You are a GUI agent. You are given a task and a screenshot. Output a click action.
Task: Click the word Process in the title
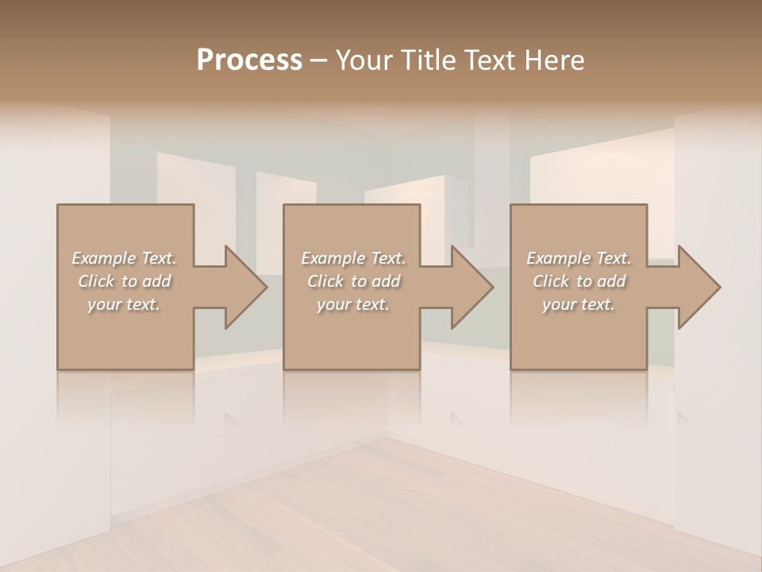(x=249, y=60)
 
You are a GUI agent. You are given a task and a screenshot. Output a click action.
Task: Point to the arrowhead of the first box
(x=245, y=287)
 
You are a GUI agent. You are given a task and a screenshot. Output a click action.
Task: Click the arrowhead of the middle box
(x=472, y=287)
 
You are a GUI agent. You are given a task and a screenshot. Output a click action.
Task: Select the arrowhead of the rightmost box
(x=699, y=287)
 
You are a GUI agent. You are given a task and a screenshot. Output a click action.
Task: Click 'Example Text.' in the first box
(x=124, y=258)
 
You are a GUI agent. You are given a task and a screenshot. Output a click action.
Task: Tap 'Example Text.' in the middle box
(x=353, y=258)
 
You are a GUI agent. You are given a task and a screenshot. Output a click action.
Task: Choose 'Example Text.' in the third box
(x=579, y=258)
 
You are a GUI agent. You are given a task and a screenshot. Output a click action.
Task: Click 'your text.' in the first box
(x=124, y=304)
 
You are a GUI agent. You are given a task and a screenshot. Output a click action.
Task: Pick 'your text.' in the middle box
(x=353, y=304)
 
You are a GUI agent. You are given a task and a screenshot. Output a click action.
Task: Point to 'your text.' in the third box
(x=579, y=304)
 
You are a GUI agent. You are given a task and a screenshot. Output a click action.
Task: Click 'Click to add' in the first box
(x=124, y=281)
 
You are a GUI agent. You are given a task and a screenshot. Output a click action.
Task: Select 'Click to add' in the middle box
(x=353, y=281)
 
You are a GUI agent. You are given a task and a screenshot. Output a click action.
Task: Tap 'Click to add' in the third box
(x=579, y=281)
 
